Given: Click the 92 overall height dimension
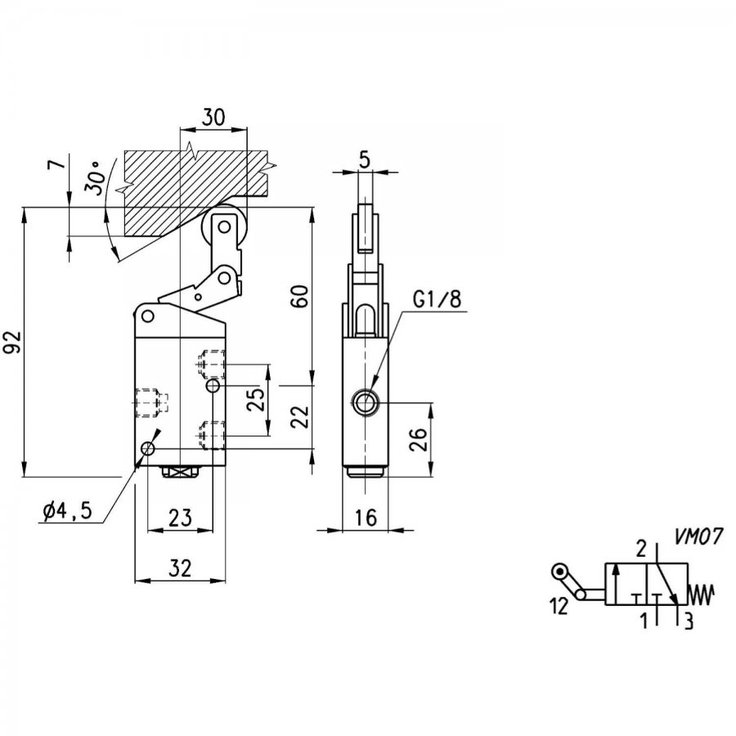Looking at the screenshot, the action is (x=14, y=342).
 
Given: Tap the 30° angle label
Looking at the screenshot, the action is (x=94, y=178).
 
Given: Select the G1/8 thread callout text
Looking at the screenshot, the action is (x=438, y=298).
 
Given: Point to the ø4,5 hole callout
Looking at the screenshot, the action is (x=66, y=510).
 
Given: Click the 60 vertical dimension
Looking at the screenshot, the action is (x=300, y=296).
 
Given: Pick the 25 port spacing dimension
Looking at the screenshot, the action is (x=256, y=400).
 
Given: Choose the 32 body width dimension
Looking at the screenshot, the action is (x=180, y=568).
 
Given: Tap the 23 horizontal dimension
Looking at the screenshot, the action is (x=180, y=518).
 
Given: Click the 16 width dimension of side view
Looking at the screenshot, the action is (x=366, y=518).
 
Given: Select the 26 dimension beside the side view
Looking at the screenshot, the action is (x=418, y=439).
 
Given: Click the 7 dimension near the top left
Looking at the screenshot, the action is (x=56, y=164).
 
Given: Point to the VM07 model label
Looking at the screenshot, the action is (x=698, y=536).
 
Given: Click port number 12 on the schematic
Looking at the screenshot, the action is (x=559, y=607).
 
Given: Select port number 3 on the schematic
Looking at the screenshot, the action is (x=688, y=621).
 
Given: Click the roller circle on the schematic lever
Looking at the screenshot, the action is (x=559, y=572).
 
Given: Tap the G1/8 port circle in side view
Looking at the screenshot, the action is (x=364, y=402).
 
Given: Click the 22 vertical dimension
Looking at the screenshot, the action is (x=300, y=416).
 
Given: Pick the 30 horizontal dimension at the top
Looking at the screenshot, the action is (x=213, y=117).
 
